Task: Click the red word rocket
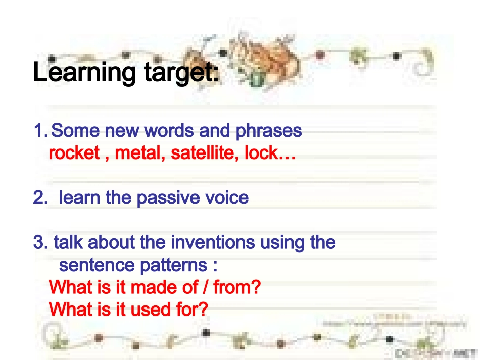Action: (74, 153)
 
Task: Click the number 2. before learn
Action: (40, 198)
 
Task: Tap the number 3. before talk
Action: (40, 242)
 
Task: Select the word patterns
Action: (169, 265)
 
